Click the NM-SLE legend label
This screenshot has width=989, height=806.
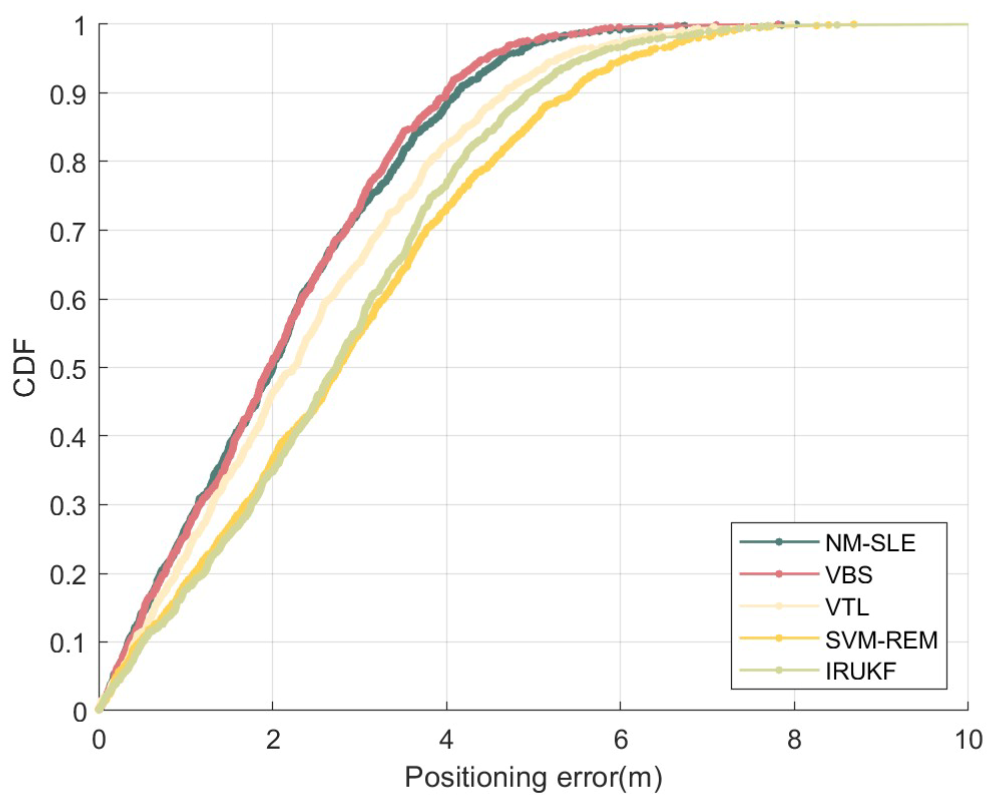(x=870, y=543)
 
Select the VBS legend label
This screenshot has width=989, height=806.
(x=849, y=575)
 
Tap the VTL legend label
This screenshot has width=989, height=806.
(x=847, y=607)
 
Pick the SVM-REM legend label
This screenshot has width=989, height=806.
(x=881, y=639)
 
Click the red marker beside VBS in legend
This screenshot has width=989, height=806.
(x=778, y=574)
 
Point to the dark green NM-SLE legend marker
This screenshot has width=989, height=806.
(x=778, y=542)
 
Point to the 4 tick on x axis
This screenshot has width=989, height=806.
(x=446, y=739)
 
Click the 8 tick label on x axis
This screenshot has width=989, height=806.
(x=794, y=739)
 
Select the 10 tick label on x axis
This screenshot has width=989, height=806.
(x=968, y=739)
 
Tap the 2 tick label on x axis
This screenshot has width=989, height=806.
(x=272, y=739)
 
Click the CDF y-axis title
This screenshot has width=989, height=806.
(x=25, y=368)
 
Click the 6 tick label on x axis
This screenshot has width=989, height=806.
(x=620, y=739)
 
